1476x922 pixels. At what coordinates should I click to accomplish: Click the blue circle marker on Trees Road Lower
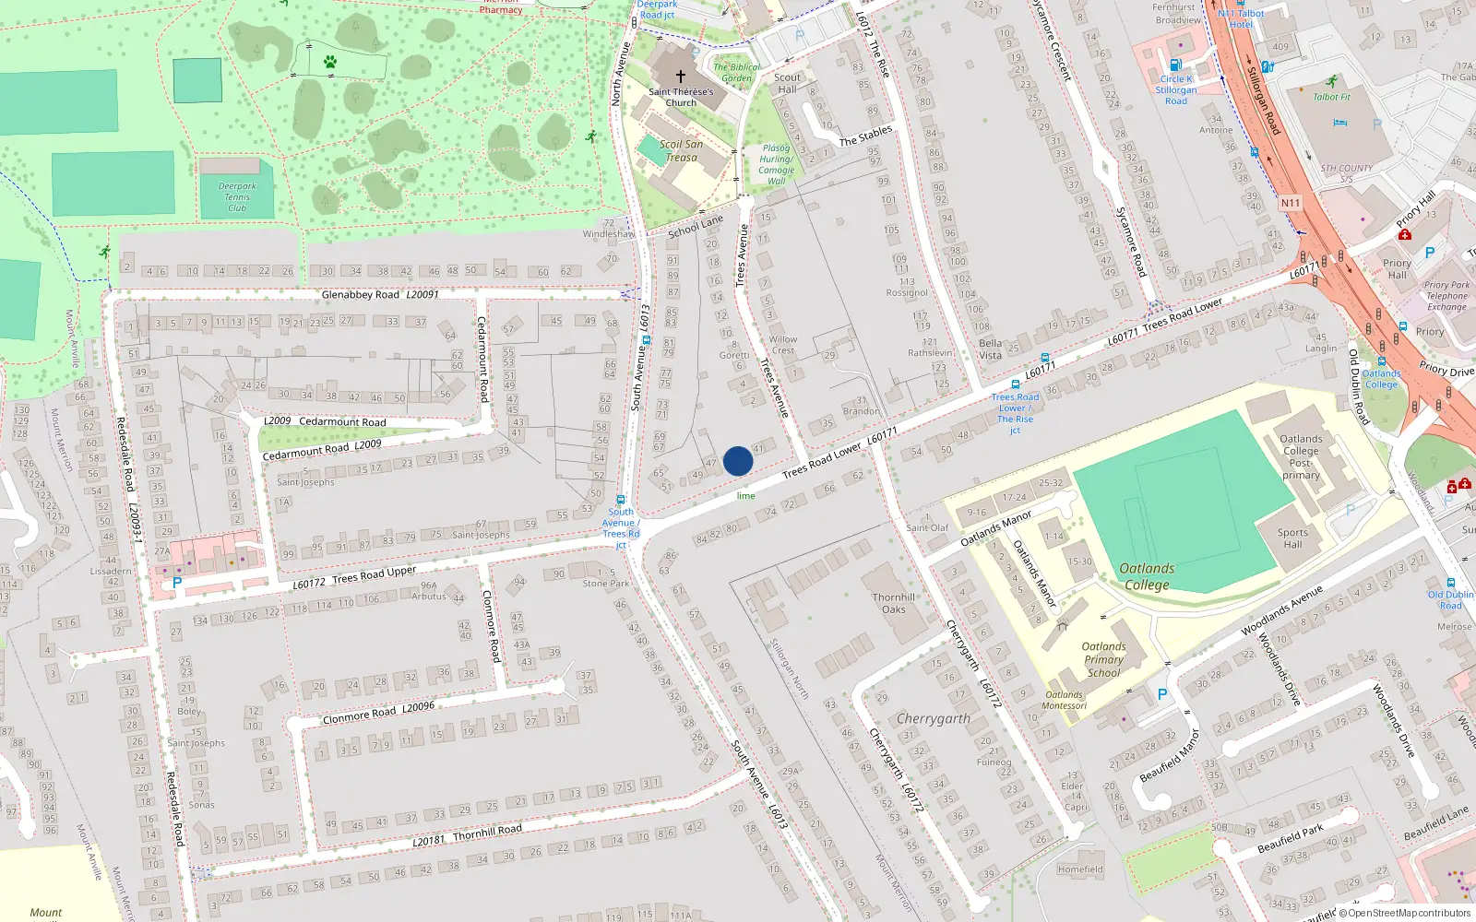click(738, 461)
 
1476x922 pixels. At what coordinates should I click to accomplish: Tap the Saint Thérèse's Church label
click(681, 97)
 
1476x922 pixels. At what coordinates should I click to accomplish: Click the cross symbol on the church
click(681, 77)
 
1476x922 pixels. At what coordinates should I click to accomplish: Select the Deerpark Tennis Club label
click(237, 196)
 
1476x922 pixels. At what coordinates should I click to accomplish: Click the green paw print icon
click(330, 62)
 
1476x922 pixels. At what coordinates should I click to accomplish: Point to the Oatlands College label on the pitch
click(1147, 576)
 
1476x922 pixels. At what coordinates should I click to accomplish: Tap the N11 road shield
click(1290, 203)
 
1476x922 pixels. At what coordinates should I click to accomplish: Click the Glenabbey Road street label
click(361, 295)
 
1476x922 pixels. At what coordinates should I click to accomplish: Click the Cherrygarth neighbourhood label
click(934, 718)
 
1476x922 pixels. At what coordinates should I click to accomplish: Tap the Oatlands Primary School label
click(1103, 659)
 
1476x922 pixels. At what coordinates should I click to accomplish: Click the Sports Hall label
click(1292, 538)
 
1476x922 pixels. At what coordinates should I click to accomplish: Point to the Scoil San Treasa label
click(681, 150)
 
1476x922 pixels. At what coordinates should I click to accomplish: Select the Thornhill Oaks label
click(893, 603)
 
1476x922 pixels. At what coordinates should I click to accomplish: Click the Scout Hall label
click(787, 83)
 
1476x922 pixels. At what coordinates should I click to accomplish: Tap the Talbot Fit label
click(1331, 97)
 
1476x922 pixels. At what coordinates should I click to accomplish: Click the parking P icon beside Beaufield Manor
click(1161, 694)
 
